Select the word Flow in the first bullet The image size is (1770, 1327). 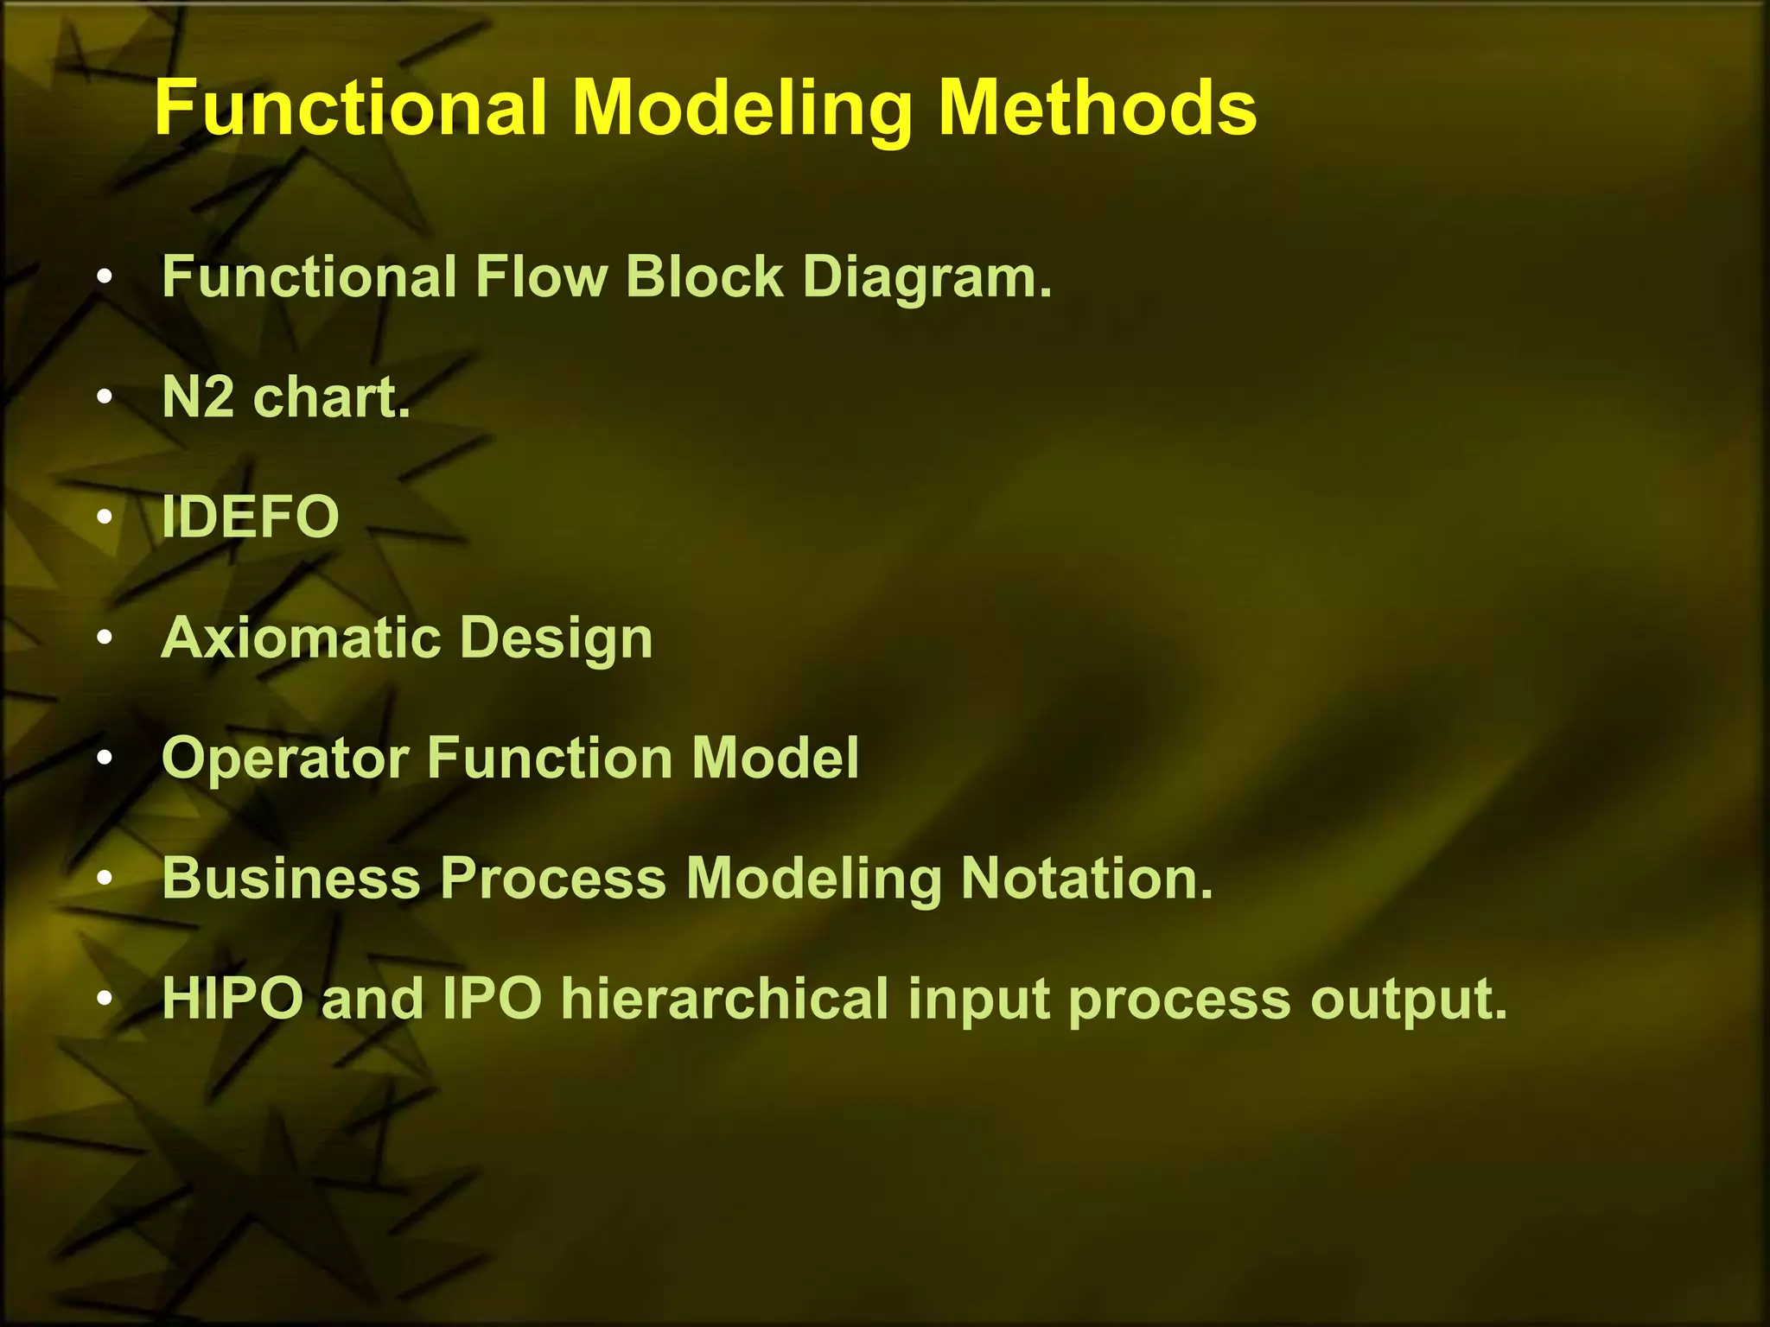pos(541,277)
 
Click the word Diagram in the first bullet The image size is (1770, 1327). pos(926,277)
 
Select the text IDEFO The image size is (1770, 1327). pos(251,517)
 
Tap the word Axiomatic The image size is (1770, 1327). pos(301,638)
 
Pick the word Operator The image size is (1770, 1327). pos(285,759)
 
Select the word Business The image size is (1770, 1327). pos(291,878)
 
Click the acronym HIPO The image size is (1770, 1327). pos(232,999)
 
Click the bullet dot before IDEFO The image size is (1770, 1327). pos(105,517)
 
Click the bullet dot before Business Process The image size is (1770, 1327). pos(105,879)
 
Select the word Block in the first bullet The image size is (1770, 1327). pos(704,277)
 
